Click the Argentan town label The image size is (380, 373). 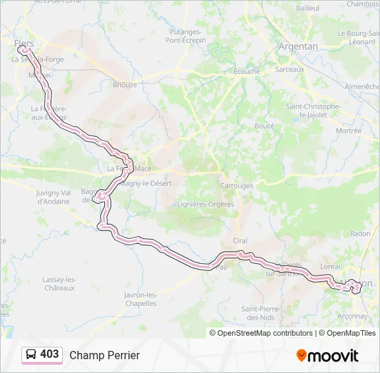(x=298, y=46)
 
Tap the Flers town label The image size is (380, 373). (x=24, y=43)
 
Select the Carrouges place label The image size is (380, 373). (x=236, y=186)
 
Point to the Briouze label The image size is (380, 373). (x=124, y=85)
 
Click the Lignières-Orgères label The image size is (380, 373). (x=207, y=204)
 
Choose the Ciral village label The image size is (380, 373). (x=240, y=240)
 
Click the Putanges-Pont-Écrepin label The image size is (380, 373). (x=186, y=36)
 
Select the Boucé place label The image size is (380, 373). (x=265, y=126)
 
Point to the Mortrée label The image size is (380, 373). (x=348, y=131)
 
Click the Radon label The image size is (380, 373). (x=360, y=233)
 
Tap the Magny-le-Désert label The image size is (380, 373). (x=145, y=183)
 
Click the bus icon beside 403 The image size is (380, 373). (x=31, y=354)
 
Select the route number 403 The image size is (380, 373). (x=50, y=354)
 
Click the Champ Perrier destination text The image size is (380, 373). (x=104, y=355)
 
